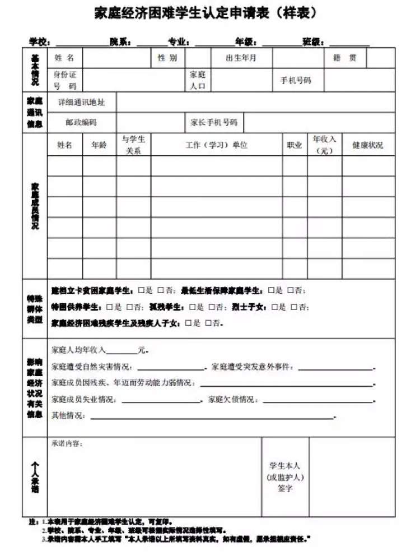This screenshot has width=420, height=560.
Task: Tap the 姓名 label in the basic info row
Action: click(64, 58)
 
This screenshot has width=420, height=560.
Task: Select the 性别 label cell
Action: click(167, 58)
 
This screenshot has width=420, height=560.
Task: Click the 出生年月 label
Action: click(241, 58)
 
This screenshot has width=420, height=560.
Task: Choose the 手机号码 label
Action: click(296, 80)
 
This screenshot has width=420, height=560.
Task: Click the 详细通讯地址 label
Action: click(82, 103)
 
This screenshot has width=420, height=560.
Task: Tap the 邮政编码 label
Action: click(81, 122)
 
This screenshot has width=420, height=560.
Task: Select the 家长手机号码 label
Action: click(214, 122)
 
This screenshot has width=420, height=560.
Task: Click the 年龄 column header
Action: click(99, 145)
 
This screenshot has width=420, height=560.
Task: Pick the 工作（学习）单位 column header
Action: click(216, 145)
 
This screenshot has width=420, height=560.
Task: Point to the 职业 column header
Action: click(295, 145)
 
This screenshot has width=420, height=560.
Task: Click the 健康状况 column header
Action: click(368, 145)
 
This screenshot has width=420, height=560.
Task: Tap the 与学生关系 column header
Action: click(133, 145)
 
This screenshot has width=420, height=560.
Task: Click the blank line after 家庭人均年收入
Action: click(122, 351)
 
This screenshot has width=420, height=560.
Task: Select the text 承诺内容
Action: click(67, 443)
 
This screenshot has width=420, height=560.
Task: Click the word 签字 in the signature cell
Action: click(285, 489)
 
